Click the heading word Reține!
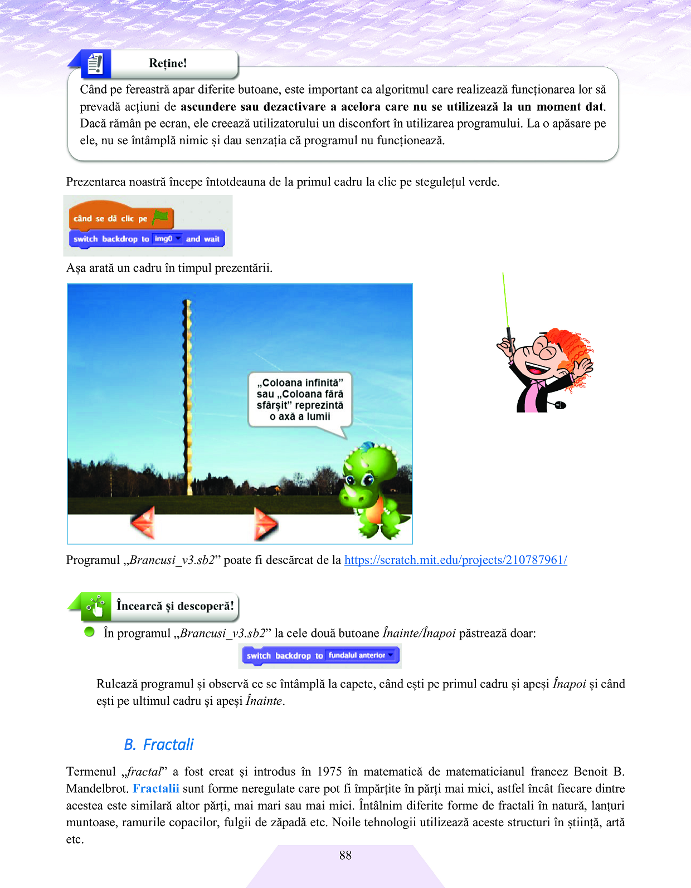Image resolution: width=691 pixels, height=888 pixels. pyautogui.click(x=168, y=63)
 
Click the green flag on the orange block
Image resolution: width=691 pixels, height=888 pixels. pyautogui.click(x=160, y=217)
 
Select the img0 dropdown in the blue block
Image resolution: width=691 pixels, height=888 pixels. pyautogui.click(x=168, y=239)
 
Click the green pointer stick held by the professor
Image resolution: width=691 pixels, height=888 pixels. pyautogui.click(x=506, y=303)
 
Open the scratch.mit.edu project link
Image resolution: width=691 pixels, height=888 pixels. pyautogui.click(x=455, y=560)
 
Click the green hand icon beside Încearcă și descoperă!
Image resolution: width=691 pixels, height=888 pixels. pyautogui.click(x=96, y=606)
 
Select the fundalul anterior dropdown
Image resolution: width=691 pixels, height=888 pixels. pyautogui.click(x=361, y=655)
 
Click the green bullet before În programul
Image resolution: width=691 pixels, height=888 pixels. pyautogui.click(x=89, y=632)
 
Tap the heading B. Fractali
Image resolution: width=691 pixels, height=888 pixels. pyautogui.click(x=159, y=744)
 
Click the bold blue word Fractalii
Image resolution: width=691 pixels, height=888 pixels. pyautogui.click(x=156, y=788)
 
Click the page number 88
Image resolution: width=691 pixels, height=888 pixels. pyautogui.click(x=345, y=855)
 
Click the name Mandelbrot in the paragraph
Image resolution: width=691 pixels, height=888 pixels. pyautogui.click(x=97, y=788)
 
